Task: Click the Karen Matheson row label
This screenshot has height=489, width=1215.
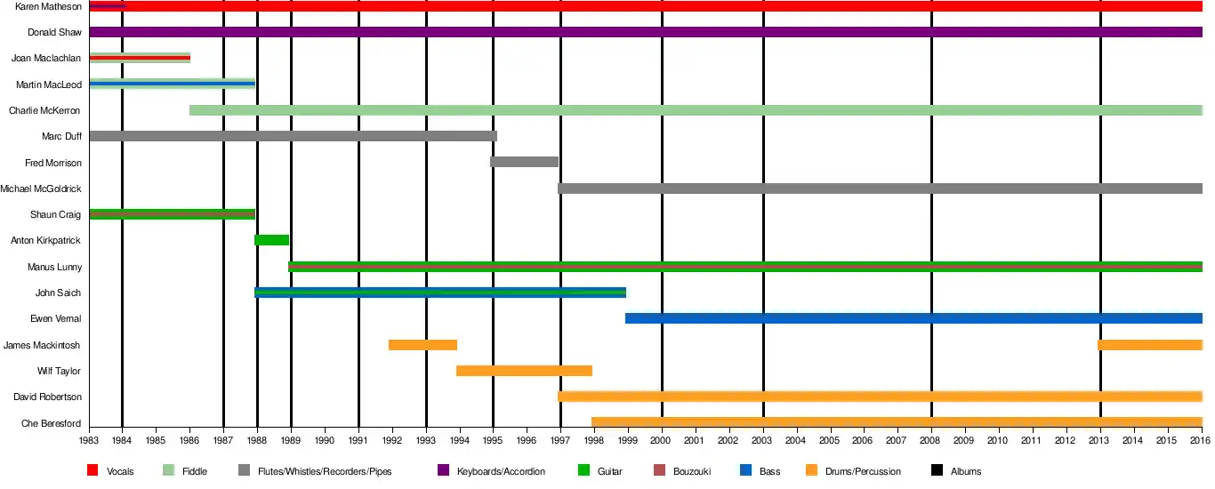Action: pos(49,7)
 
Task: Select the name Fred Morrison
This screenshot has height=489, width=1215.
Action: pos(53,163)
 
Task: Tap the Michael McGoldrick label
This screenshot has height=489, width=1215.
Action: pos(41,188)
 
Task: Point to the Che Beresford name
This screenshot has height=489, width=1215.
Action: pos(52,423)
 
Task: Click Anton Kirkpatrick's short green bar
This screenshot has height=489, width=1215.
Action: pos(271,240)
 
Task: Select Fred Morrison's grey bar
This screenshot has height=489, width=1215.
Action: pos(524,162)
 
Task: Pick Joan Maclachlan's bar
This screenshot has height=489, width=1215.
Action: pos(140,59)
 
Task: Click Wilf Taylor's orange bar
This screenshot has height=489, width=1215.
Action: pos(524,371)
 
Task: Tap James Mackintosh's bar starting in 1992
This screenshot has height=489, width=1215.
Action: pos(422,345)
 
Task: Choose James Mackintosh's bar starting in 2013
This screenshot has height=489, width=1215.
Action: pos(1149,345)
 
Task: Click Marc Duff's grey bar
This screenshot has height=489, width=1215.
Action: pos(293,136)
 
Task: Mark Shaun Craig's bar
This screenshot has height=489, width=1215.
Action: pos(173,214)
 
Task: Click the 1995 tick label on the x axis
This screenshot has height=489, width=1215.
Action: pos(493,440)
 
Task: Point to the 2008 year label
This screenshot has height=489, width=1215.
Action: pos(930,440)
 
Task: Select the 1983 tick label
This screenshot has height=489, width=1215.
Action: pos(89,440)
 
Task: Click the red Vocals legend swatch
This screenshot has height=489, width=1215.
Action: pos(93,470)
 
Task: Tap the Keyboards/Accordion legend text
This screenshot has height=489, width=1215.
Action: pos(501,471)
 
